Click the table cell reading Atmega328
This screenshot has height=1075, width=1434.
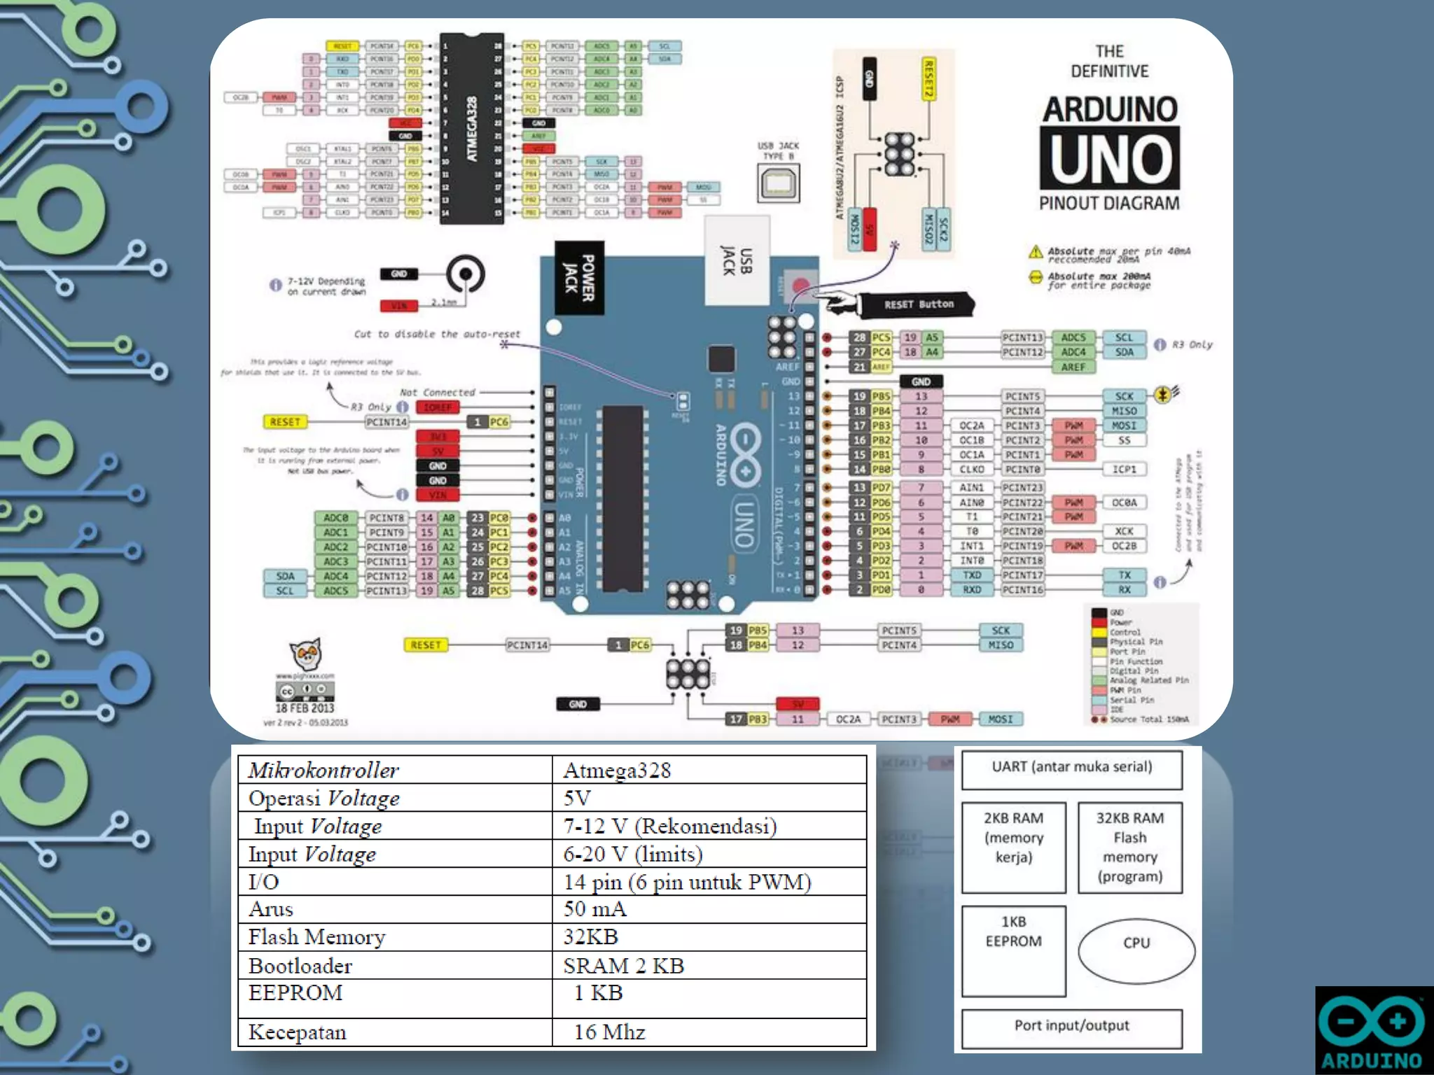pos(617,771)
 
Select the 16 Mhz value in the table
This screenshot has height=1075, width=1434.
pos(609,1032)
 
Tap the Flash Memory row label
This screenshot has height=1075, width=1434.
pos(317,937)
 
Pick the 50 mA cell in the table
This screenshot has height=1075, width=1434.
pos(595,909)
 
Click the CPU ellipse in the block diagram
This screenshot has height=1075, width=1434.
pos(1136,950)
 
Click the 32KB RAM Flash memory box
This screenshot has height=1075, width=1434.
pos(1129,847)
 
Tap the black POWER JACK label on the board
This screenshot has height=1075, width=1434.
pos(580,278)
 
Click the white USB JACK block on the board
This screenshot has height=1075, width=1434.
pos(737,261)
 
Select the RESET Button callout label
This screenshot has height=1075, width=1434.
pos(918,304)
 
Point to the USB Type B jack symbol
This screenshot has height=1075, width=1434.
pos(778,183)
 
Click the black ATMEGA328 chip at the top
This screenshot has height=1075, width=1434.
pos(471,129)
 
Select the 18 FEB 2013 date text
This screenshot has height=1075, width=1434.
pos(305,708)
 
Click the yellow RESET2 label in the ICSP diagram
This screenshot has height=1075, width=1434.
pos(928,79)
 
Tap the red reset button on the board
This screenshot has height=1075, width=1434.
pos(800,285)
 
